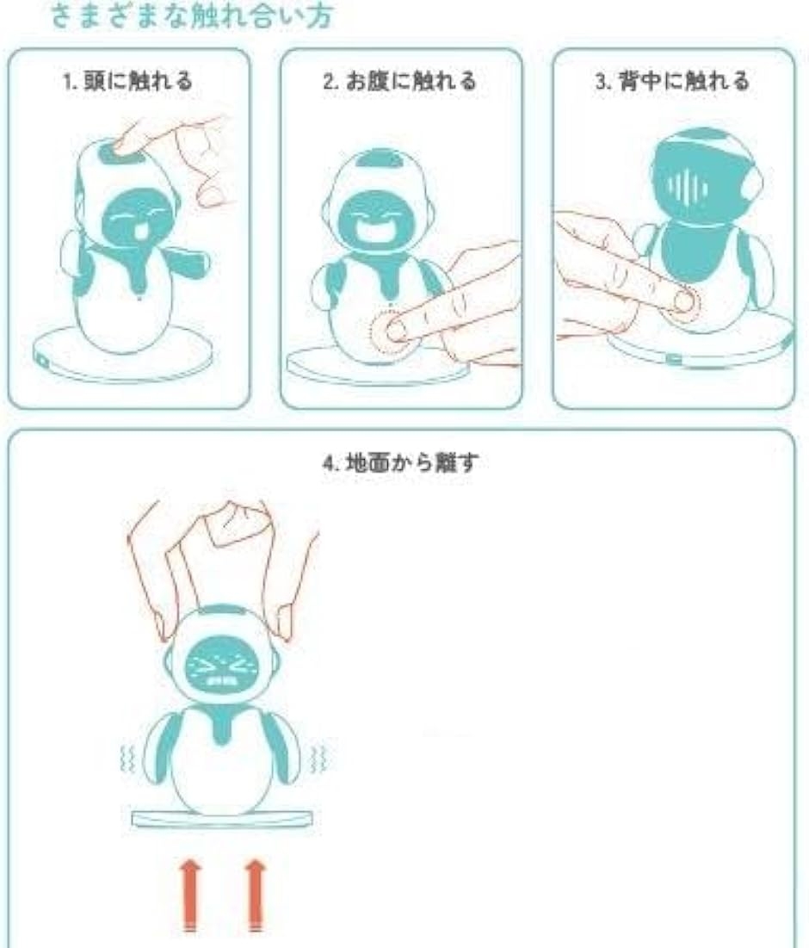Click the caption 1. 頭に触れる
pos(129,82)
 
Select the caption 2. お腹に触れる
pos(399,82)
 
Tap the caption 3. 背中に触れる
pos(672,82)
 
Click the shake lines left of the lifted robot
pos(127,759)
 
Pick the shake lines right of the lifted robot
pos(318,759)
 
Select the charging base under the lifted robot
pos(221,819)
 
